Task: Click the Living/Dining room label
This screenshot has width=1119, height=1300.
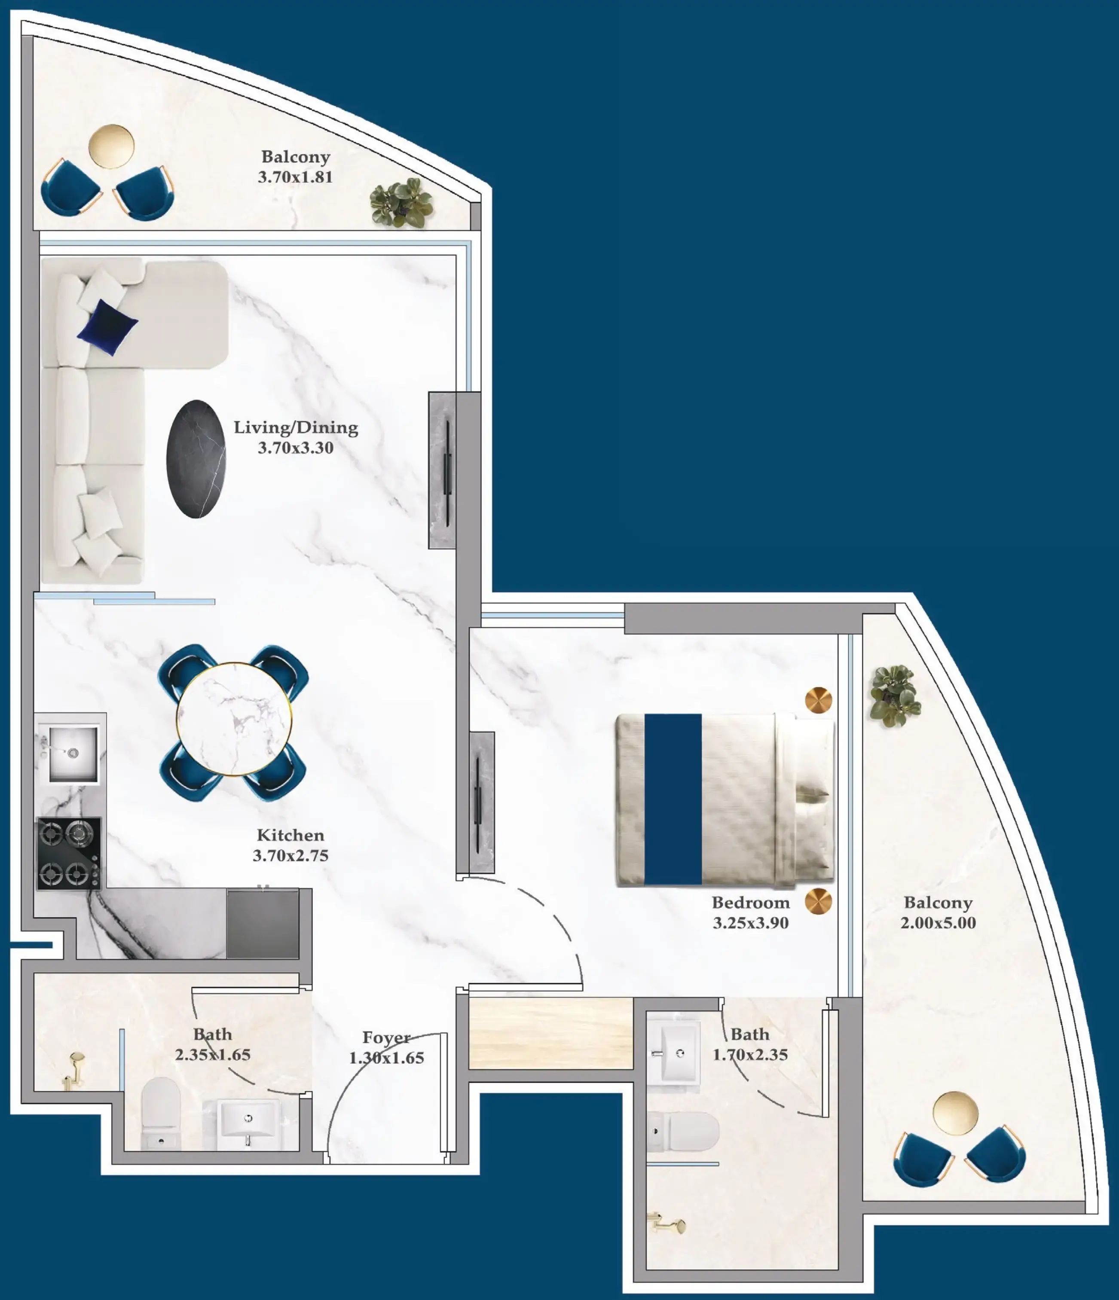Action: tap(296, 427)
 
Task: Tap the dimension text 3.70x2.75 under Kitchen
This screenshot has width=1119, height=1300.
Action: tap(290, 855)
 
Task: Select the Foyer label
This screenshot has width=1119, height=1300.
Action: tap(386, 1038)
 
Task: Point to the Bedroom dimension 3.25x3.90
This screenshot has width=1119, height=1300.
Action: tap(751, 922)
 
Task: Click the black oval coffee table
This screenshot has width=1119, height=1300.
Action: tap(196, 459)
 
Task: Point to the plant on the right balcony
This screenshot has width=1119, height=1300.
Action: tap(894, 696)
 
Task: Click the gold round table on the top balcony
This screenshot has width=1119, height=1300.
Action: tap(111, 146)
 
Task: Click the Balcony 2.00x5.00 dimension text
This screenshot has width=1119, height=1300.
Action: tap(938, 922)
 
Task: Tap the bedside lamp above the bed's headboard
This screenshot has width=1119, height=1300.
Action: tap(818, 700)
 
